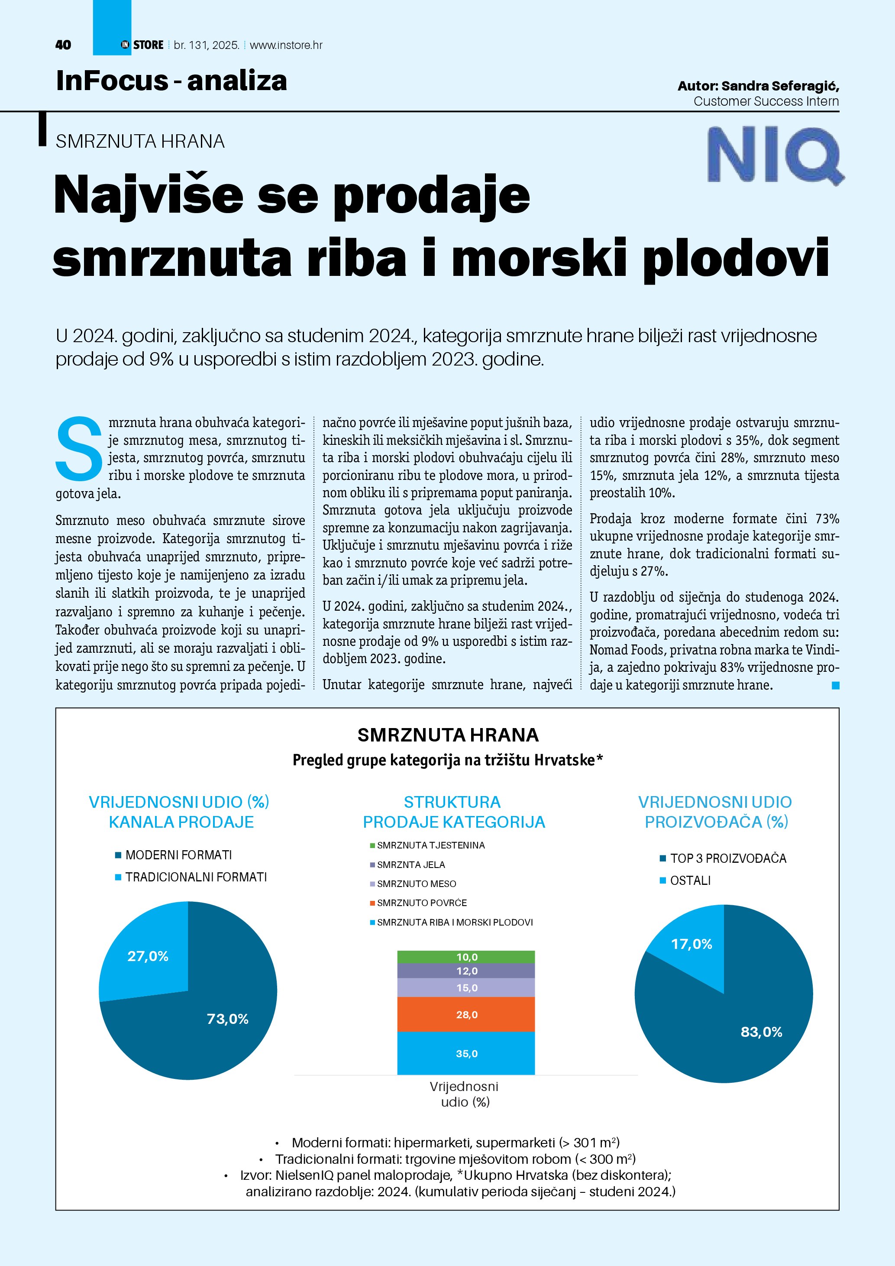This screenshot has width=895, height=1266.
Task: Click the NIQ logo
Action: coord(775,155)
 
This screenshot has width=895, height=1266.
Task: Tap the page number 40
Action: coord(63,45)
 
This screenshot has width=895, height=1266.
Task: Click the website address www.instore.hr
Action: coord(286,45)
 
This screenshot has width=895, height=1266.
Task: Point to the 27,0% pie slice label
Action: coord(148,956)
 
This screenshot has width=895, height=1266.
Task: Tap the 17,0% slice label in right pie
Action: coord(691,944)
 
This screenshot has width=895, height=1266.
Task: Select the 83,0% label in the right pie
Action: coord(761,1032)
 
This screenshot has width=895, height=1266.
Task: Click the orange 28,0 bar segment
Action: coord(466,1014)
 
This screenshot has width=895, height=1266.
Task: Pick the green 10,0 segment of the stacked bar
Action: coord(466,957)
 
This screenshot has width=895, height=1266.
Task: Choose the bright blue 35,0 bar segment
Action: coord(466,1054)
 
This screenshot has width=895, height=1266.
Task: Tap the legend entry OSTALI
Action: coord(690,881)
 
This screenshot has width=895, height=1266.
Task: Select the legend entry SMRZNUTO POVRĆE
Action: coord(422,903)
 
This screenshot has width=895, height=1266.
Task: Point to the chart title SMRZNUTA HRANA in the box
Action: coord(448,735)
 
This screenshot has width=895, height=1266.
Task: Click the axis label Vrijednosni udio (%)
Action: coord(465,1094)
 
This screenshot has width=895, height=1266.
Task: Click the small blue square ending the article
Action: coord(836,685)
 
